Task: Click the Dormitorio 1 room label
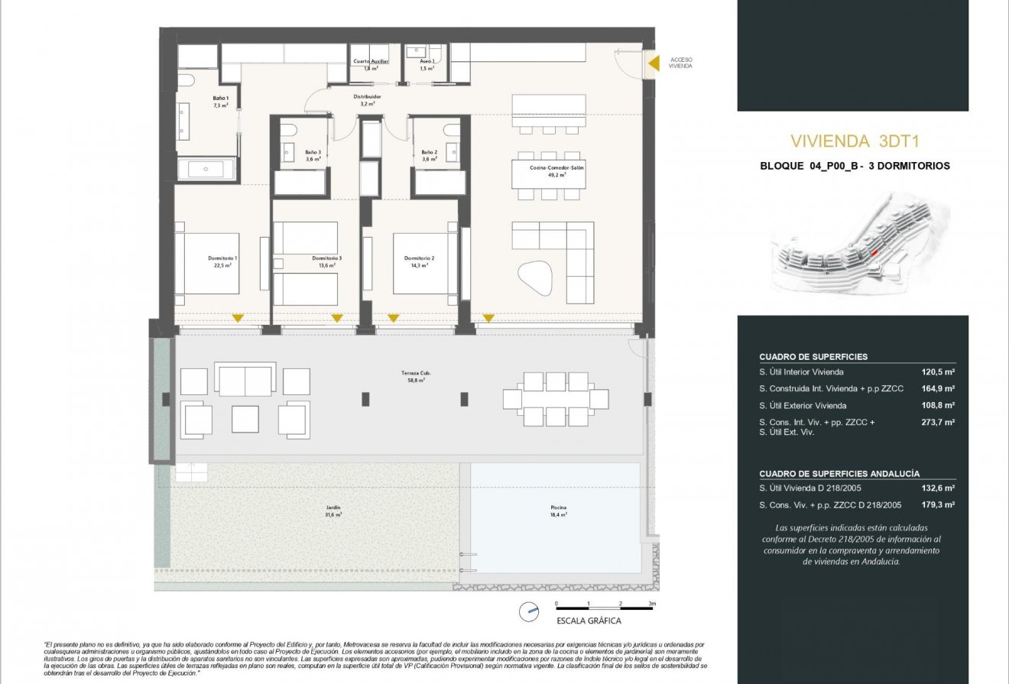pos(222,258)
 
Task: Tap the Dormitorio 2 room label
pos(420,258)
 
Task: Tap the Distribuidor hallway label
pos(367,97)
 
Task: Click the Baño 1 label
pos(220,98)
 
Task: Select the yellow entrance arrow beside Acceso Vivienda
pos(653,63)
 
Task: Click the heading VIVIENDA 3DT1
pos(852,141)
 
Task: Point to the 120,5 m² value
pos(939,372)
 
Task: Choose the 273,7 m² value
pos(939,422)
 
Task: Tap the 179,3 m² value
pos(939,505)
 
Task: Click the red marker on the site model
pos(875,251)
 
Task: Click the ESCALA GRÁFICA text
pos(589,621)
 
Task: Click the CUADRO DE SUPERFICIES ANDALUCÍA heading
pos(839,474)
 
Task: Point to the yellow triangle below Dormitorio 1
pos(238,318)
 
